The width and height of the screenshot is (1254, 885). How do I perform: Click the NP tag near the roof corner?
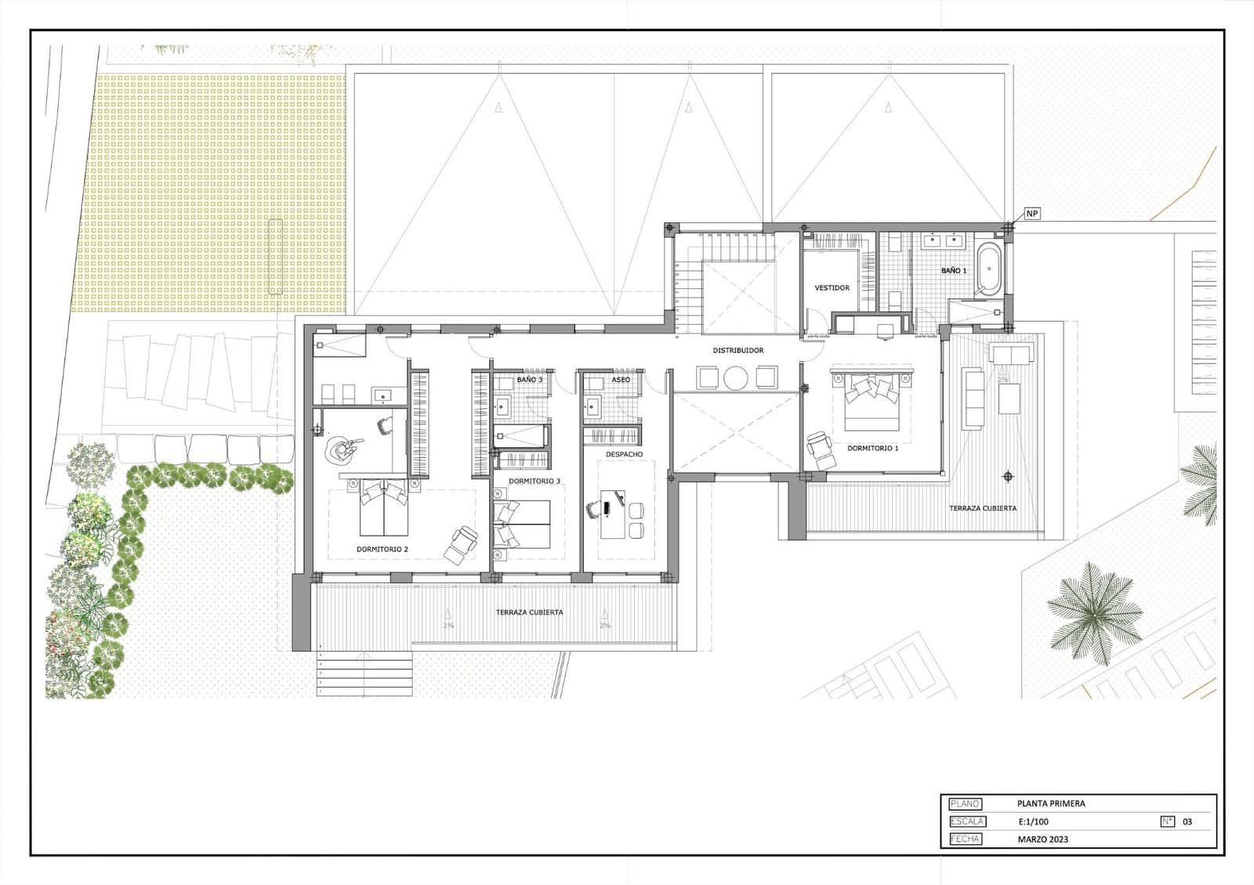point(1032,214)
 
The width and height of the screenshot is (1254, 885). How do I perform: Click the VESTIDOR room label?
point(832,288)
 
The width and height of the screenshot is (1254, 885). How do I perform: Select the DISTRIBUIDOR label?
point(738,350)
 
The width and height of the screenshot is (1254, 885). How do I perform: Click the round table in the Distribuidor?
point(736,378)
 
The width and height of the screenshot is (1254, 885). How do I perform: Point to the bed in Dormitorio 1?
point(871,403)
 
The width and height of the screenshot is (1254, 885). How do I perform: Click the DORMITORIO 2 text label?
point(382,549)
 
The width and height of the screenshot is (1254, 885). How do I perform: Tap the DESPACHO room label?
point(624,454)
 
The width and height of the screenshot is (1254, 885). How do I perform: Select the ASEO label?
point(621,380)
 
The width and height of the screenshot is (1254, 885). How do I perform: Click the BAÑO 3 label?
point(529,380)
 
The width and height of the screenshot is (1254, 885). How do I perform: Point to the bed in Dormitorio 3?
point(523,523)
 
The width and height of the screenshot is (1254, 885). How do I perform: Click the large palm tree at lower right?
point(1095,609)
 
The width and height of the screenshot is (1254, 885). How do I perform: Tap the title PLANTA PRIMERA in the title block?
point(1051,804)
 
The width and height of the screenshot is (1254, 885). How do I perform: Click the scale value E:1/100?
point(1033,822)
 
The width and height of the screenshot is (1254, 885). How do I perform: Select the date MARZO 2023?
point(1042,840)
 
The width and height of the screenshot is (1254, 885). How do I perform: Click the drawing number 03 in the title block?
point(1187,822)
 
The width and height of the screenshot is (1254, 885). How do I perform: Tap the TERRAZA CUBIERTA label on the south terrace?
point(529,612)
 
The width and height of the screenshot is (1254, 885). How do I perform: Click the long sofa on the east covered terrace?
point(973,399)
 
